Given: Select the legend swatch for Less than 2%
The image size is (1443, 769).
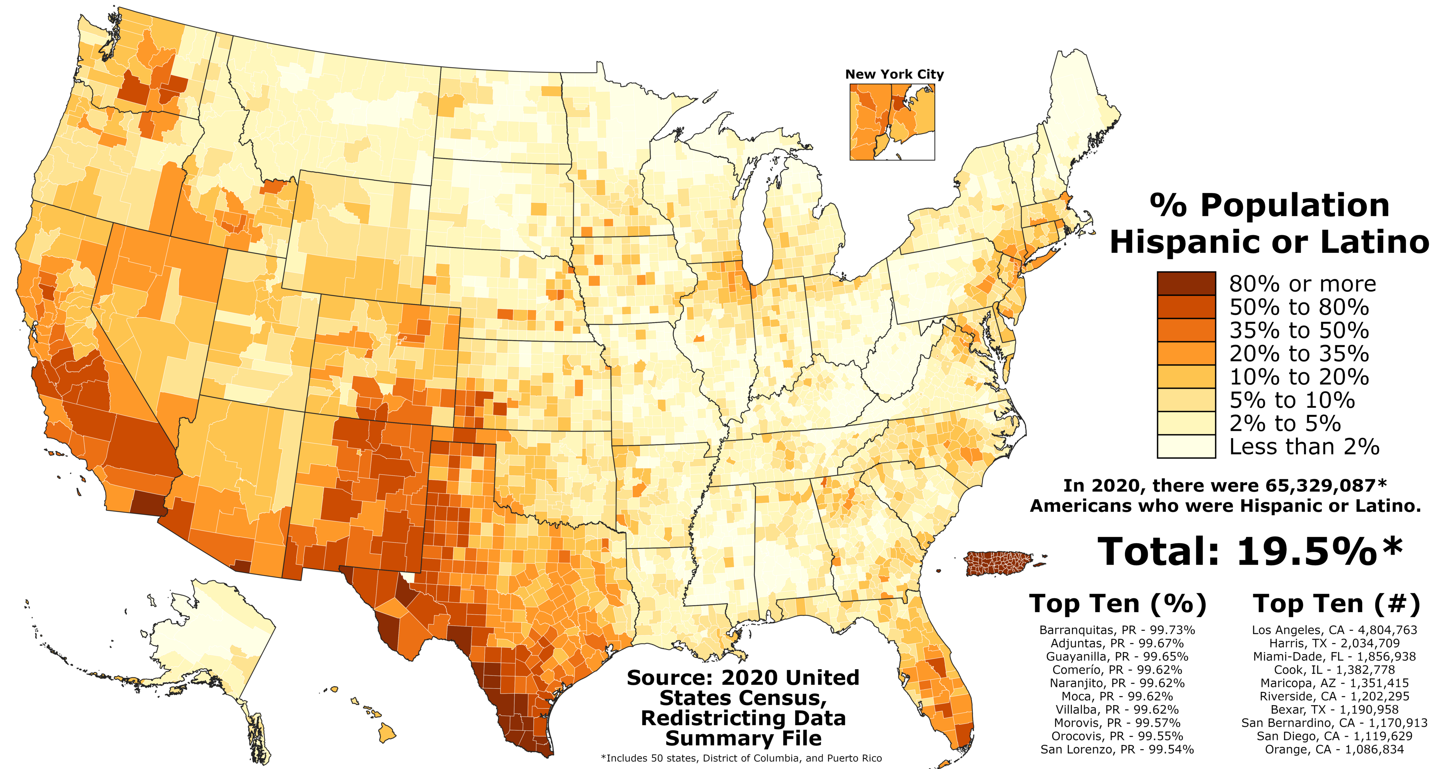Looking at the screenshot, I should (x=1186, y=446).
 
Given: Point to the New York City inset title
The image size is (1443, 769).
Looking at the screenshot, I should (x=894, y=74).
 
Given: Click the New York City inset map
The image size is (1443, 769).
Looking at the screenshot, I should (x=892, y=122).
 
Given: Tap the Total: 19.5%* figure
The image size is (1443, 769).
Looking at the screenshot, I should (x=1249, y=552).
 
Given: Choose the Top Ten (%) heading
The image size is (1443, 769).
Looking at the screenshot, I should (x=1118, y=604).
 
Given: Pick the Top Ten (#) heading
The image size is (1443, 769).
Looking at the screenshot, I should (x=1336, y=604).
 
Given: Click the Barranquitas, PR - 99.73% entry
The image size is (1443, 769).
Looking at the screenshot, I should (x=1117, y=630).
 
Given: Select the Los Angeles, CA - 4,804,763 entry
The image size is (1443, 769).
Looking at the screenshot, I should (x=1334, y=630).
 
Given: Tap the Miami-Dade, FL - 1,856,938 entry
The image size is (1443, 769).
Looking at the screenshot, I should (x=1334, y=656).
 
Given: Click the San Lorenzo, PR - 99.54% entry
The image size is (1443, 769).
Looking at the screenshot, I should (x=1117, y=749).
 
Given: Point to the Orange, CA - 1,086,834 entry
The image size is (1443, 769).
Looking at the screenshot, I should (x=1334, y=749).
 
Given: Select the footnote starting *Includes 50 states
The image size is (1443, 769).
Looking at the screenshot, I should (x=741, y=758).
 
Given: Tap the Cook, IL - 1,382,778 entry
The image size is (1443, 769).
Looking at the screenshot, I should (x=1334, y=670).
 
